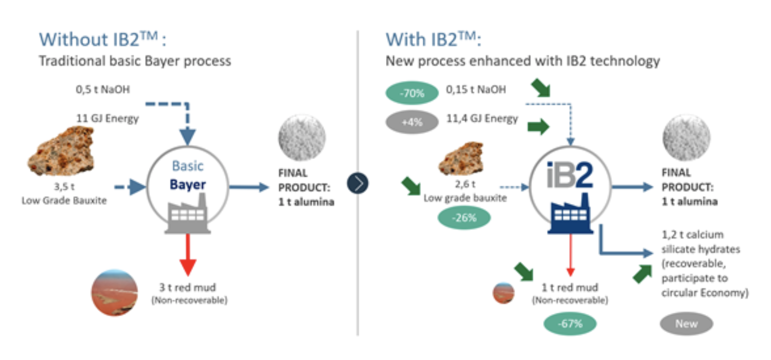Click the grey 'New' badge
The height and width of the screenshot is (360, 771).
tap(686, 324)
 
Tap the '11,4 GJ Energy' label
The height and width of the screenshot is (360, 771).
tap(482, 119)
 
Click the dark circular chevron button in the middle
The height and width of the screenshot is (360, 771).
tap(358, 183)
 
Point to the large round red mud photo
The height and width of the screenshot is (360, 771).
tap(115, 293)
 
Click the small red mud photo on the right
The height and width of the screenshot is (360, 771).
tap(504, 293)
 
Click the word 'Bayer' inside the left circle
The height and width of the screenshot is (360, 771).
tap(188, 184)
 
